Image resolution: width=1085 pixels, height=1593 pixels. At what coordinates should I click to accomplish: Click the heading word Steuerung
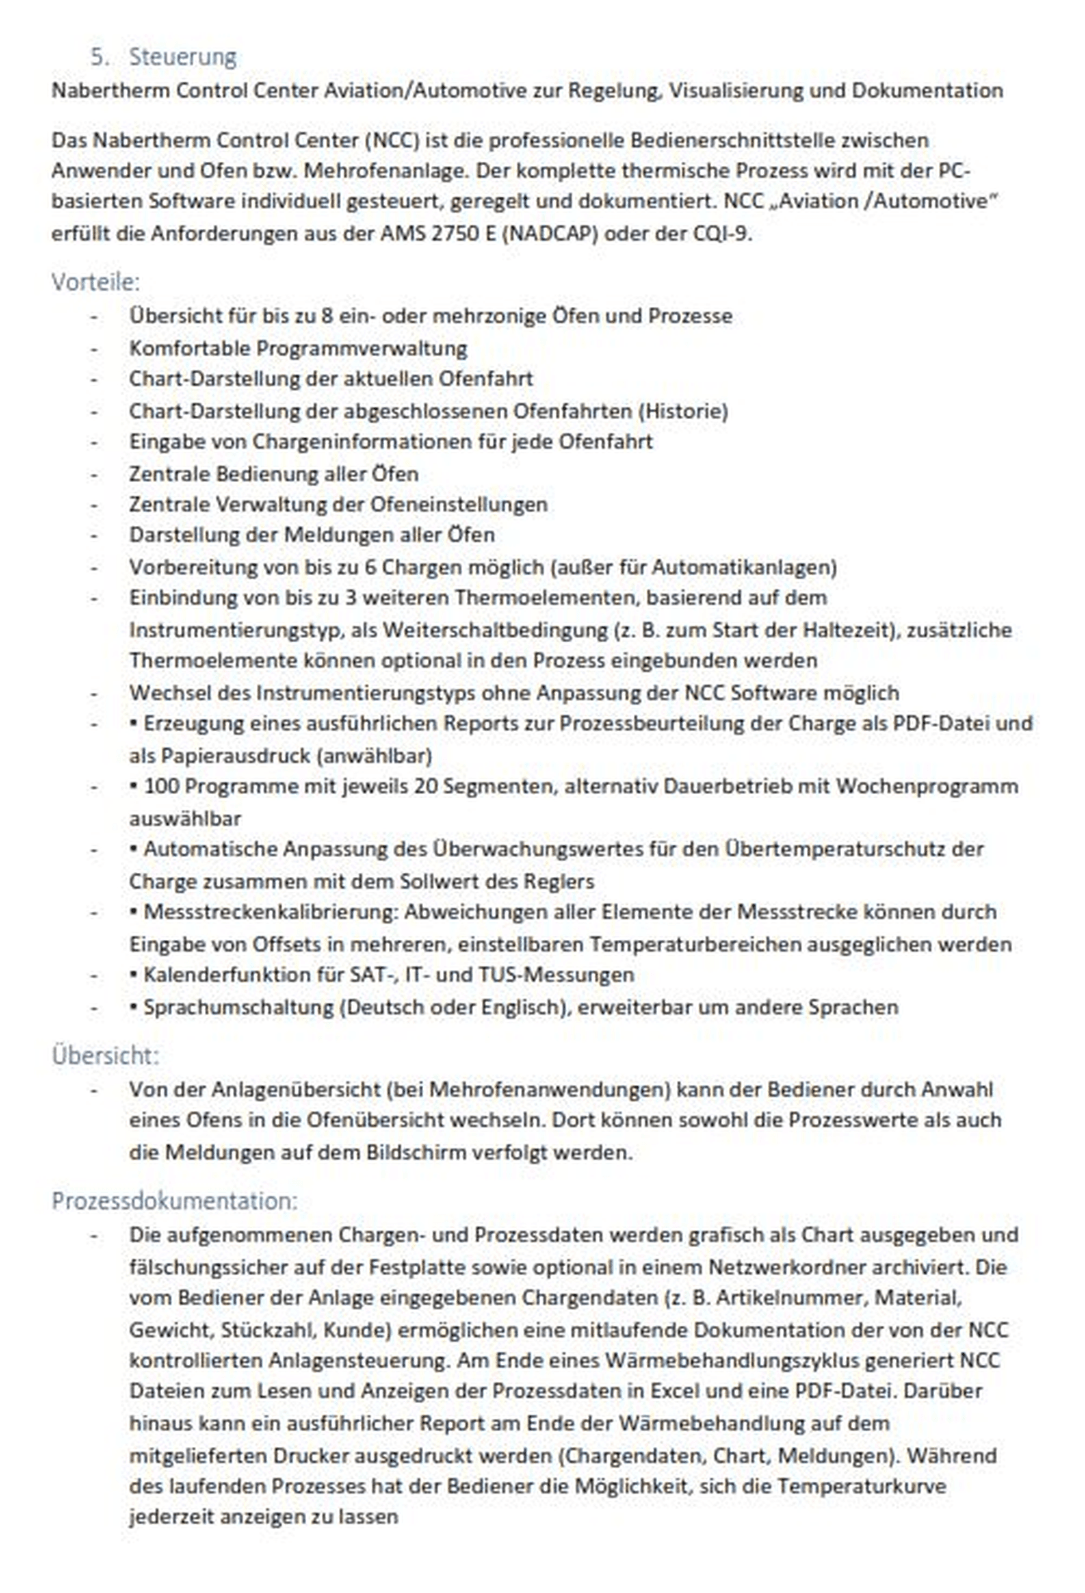pos(182,57)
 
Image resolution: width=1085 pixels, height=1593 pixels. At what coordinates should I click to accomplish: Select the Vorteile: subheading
pos(95,282)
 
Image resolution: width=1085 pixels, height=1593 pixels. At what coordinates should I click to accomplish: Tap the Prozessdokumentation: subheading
pos(174,1201)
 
